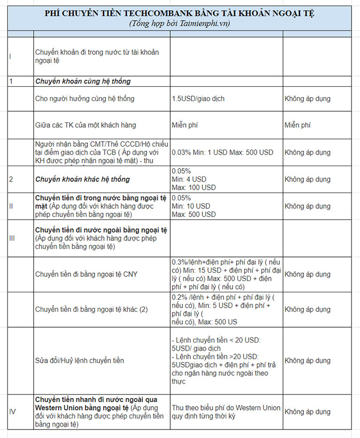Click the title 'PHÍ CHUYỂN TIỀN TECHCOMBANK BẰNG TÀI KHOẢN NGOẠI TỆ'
click(x=183, y=13)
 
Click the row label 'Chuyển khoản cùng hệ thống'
click(x=83, y=81)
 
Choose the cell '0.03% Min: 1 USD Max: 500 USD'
click(x=223, y=153)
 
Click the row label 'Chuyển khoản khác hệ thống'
click(x=83, y=179)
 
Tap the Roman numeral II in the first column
click(x=11, y=206)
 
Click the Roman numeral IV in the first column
click(x=12, y=412)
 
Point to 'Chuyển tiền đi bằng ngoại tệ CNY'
click(x=86, y=274)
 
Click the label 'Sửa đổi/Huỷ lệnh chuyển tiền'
click(x=79, y=360)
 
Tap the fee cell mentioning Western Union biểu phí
click(x=226, y=412)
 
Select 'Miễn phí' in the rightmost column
click(x=297, y=124)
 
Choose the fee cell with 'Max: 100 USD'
click(x=194, y=187)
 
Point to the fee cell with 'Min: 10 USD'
click(x=191, y=206)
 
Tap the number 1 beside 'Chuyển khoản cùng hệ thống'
click(x=11, y=81)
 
